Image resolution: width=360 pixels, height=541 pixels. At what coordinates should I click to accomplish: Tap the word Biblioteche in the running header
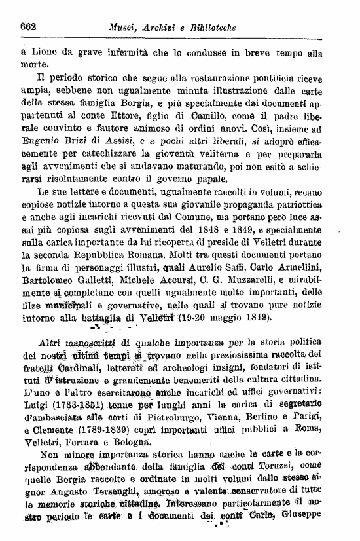211,27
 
